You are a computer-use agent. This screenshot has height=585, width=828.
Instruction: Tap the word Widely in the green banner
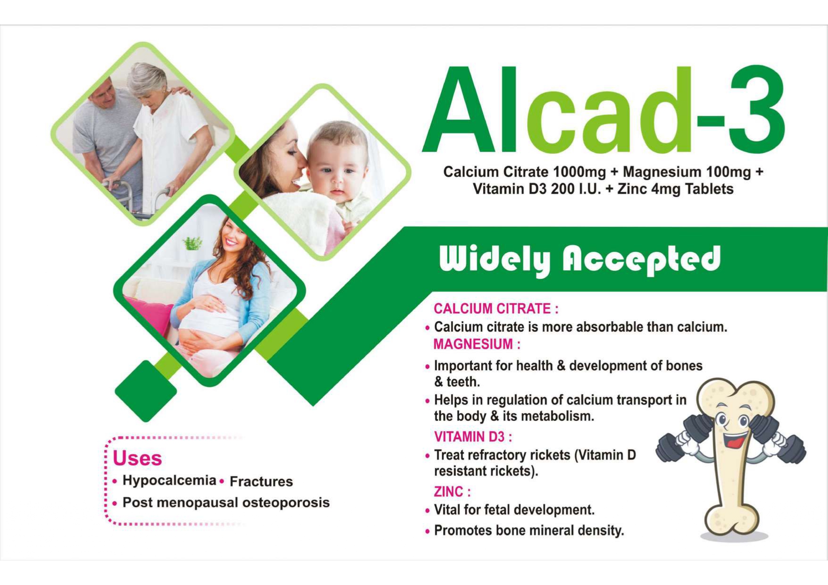point(494,260)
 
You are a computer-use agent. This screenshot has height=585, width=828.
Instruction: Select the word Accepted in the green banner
point(642,260)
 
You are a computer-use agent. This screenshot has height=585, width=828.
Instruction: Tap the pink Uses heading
point(137,459)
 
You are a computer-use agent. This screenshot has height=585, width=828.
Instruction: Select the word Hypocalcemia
point(169,481)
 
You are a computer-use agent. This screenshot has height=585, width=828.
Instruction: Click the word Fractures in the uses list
point(261,482)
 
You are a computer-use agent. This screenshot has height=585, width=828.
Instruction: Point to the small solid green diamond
point(146,391)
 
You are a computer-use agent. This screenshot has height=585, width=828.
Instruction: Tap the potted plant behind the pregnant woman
point(192,244)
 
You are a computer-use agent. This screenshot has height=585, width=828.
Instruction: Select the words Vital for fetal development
point(514,510)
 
